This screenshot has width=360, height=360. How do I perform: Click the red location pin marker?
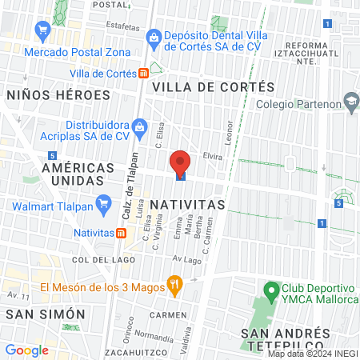[180, 163]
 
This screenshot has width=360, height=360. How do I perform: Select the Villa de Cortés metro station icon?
[143, 72]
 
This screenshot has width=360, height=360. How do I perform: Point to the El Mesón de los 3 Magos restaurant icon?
[173, 283]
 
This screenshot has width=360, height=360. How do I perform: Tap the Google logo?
[26, 350]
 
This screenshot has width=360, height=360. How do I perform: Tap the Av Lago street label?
[186, 260]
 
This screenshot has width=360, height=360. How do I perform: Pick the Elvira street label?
[211, 157]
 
